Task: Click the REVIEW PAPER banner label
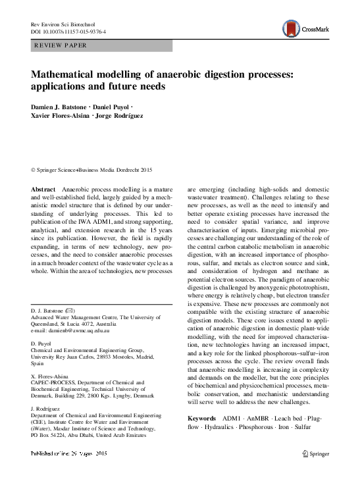click(60, 45)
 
